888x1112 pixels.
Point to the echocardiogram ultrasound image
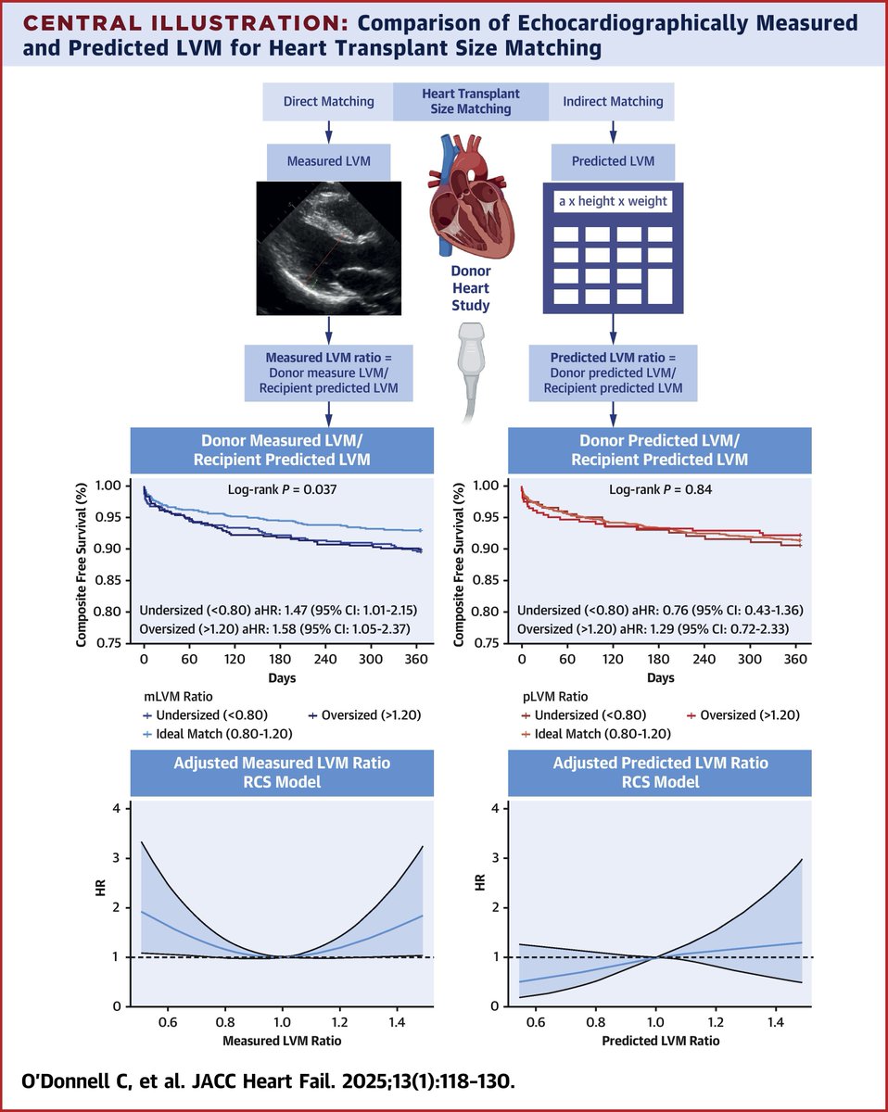(x=330, y=248)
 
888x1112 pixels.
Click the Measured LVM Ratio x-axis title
(x=282, y=1041)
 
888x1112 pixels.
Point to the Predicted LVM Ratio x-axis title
(x=660, y=1041)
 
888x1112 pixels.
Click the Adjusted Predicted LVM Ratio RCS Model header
(x=660, y=773)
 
